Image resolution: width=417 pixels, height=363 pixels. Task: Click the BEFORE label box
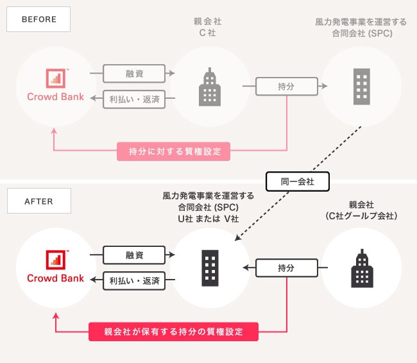(39, 19)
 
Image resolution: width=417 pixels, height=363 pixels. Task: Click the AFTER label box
(39, 200)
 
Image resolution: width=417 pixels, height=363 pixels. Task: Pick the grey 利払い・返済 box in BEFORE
(134, 99)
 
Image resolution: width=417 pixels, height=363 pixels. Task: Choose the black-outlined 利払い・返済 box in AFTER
(134, 280)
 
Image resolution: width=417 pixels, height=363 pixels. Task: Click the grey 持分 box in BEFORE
(286, 85)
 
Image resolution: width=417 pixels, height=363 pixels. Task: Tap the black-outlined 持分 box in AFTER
(286, 267)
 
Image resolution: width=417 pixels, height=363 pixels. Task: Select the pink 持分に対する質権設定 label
(173, 152)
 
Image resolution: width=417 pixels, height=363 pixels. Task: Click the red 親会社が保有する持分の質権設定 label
(173, 332)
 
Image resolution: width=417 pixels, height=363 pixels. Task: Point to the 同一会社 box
(297, 181)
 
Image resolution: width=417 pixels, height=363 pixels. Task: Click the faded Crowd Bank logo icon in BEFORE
(55, 78)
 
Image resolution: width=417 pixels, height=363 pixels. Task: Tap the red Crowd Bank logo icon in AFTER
(55, 260)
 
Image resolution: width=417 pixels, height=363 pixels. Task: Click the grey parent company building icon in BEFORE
(208, 86)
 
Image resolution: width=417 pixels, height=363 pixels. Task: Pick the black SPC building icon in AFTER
(209, 267)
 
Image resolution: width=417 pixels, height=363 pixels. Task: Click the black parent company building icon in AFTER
(362, 269)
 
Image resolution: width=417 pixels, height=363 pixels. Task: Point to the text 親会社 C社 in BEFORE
(208, 27)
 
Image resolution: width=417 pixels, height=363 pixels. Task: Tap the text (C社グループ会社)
(362, 216)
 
